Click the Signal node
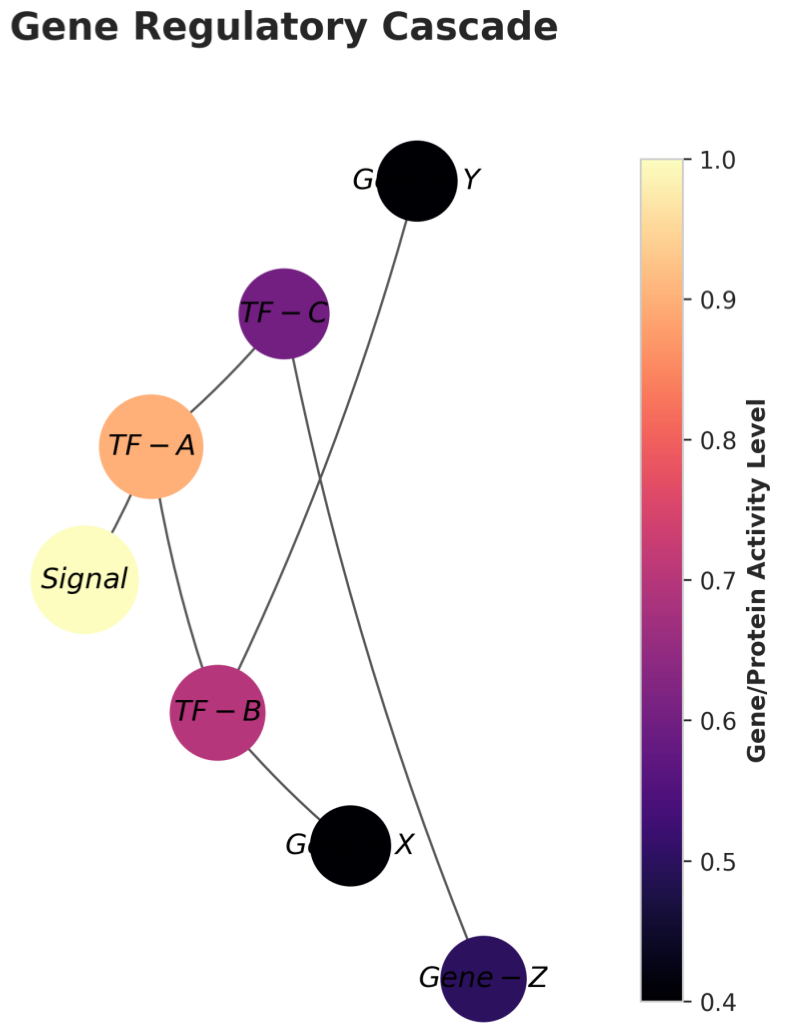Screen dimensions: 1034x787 (85, 579)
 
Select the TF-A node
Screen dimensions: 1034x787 (151, 446)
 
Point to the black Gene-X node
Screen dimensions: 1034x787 (351, 846)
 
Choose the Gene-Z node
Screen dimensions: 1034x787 (483, 979)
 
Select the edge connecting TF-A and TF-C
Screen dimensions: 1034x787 (222, 381)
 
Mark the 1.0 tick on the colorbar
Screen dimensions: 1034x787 (717, 160)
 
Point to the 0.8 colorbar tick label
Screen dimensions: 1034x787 (717, 441)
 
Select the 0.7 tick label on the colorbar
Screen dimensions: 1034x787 (717, 581)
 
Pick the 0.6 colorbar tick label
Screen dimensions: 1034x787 (717, 722)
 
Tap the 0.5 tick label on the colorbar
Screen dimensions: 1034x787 (717, 862)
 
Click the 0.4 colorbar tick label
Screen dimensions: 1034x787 (717, 1002)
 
